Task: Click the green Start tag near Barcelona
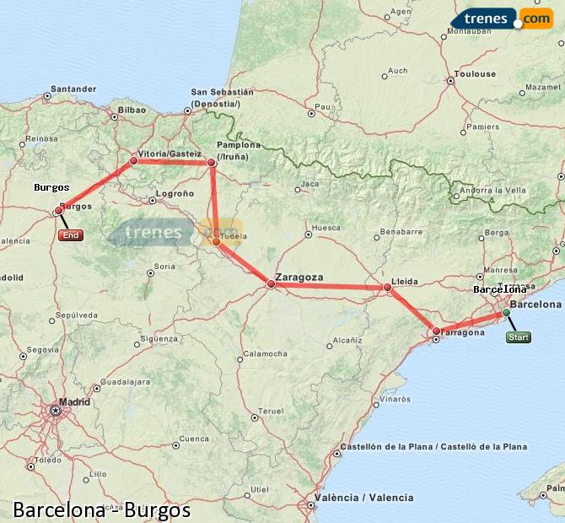click(x=519, y=338)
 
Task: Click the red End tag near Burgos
click(x=71, y=235)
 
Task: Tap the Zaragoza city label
click(x=300, y=277)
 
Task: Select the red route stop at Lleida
click(x=388, y=288)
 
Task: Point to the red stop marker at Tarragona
click(x=436, y=331)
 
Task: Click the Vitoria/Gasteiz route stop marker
click(x=133, y=160)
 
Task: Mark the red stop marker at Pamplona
click(x=212, y=162)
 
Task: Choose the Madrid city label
click(x=75, y=402)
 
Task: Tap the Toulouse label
click(x=476, y=74)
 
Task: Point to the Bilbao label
click(x=132, y=110)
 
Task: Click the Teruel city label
click(x=272, y=410)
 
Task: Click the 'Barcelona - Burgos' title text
click(x=101, y=510)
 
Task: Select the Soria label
click(x=164, y=266)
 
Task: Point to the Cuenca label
click(x=194, y=439)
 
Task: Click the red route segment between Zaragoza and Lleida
click(x=329, y=287)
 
